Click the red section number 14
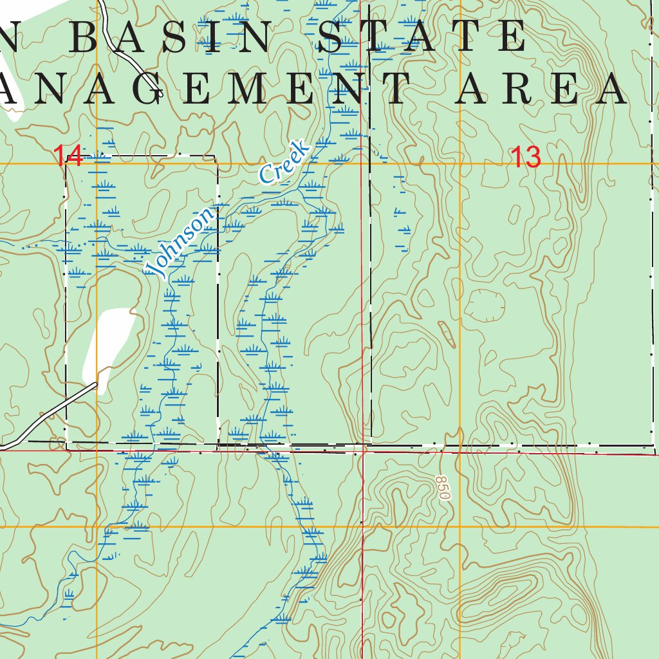pos(68,156)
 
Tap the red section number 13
pos(526,158)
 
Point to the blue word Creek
pos(284,163)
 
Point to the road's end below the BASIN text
pos(158,93)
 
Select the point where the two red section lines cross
pos(362,451)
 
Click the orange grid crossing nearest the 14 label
pos(97,164)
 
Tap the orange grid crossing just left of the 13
pos(459,164)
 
